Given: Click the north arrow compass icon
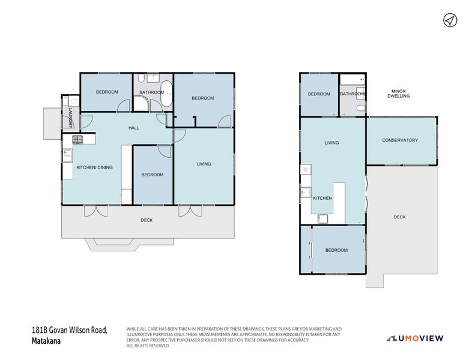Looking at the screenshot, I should (x=450, y=20).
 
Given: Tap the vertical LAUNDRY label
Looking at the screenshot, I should (x=70, y=118).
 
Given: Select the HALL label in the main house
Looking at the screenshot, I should (x=134, y=128).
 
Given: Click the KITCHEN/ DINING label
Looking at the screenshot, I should (x=94, y=167).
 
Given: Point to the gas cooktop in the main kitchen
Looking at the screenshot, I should (x=77, y=140).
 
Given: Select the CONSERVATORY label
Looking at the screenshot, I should (x=400, y=140).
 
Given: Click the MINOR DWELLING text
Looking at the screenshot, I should (x=398, y=92).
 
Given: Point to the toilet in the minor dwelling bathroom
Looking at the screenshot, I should (x=360, y=108).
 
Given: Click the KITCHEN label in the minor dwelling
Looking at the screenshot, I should (x=322, y=197).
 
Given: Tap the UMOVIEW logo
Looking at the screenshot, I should (x=416, y=338).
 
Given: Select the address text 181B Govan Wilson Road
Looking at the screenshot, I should (x=69, y=330).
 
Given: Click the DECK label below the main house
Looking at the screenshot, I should (x=147, y=220).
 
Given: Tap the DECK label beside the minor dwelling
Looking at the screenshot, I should (x=399, y=217).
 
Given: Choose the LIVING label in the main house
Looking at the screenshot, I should (x=204, y=164).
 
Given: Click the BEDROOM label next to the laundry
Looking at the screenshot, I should (x=107, y=92).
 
